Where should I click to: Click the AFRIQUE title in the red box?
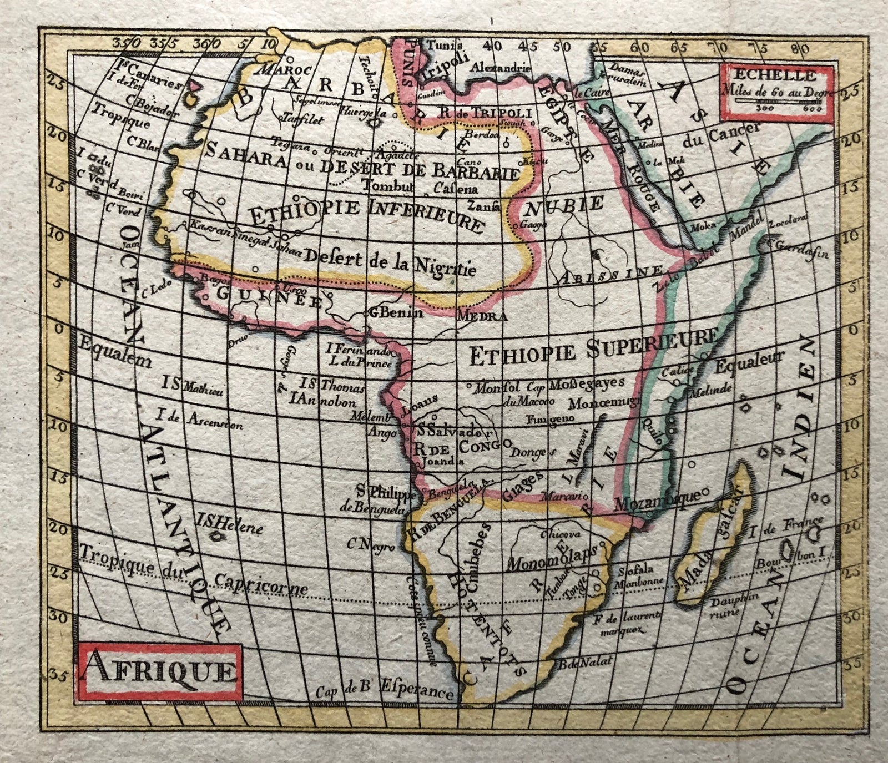[159, 673]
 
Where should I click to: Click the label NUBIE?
[564, 206]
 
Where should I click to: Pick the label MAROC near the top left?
[269, 70]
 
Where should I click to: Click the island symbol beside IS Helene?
[215, 536]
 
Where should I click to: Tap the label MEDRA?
[481, 317]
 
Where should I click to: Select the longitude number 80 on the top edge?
[798, 47]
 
